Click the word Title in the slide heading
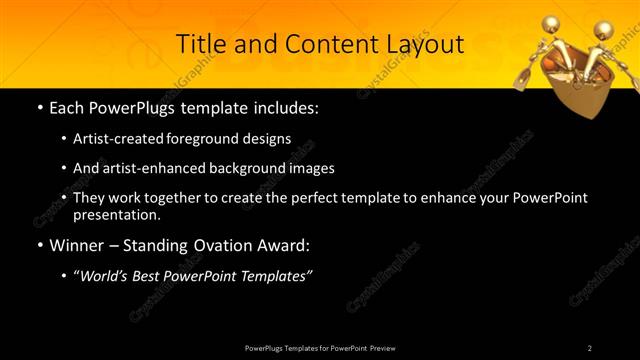click(198, 44)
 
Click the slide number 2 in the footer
click(590, 348)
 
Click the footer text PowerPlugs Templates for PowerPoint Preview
click(319, 348)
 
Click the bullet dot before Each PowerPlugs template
click(38, 105)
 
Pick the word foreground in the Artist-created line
click(219, 138)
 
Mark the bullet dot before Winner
click(38, 244)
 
